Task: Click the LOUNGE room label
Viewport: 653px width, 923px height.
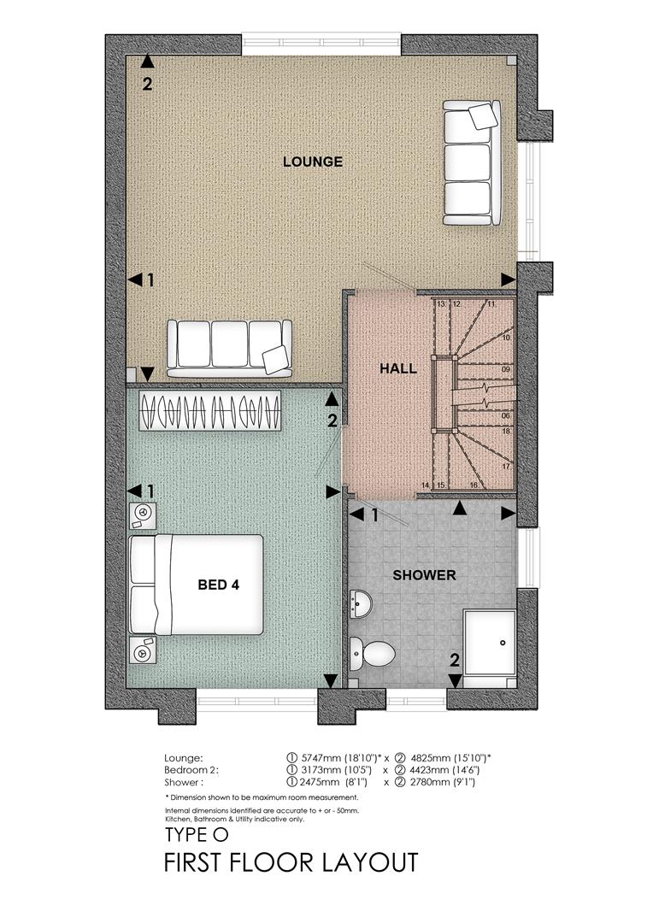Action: tap(312, 162)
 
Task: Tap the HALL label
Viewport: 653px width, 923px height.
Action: tap(398, 369)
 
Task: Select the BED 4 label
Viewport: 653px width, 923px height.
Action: tap(219, 585)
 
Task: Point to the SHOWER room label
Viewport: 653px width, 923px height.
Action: tap(424, 575)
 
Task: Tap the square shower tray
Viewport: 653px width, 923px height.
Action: tap(489, 638)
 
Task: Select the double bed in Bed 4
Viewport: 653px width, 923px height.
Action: tap(197, 585)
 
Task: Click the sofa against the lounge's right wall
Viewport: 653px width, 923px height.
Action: tap(470, 162)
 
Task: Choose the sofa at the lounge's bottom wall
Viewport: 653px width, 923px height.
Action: tap(228, 347)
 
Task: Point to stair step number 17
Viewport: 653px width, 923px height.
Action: tap(506, 467)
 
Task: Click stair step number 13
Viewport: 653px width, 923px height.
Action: tap(441, 304)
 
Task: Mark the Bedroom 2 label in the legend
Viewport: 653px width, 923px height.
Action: tap(191, 770)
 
